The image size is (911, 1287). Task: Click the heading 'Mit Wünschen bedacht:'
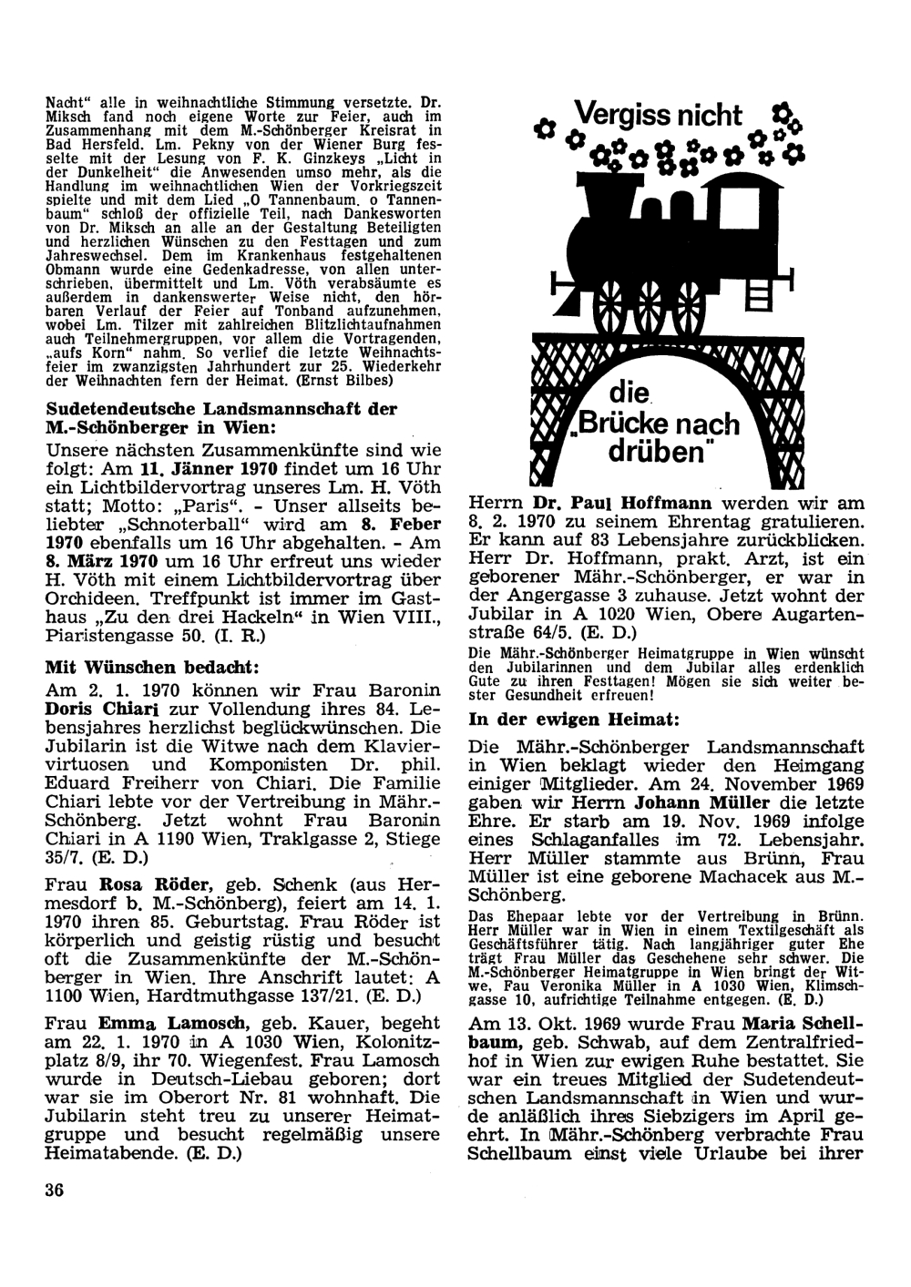[154, 667]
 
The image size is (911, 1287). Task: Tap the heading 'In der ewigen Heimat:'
[573, 720]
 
